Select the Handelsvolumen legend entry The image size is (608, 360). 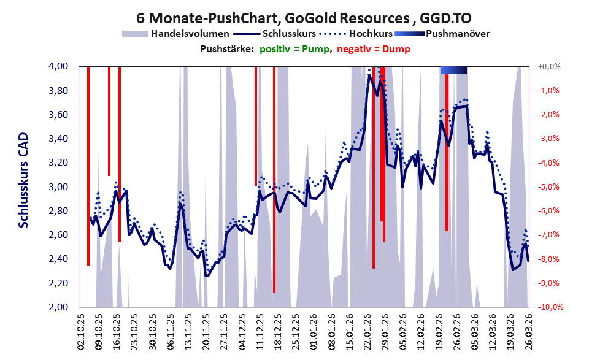pos(176,34)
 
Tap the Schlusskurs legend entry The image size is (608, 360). pos(280,34)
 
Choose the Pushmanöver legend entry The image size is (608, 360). pos(456,34)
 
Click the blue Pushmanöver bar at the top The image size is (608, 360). pos(454,70)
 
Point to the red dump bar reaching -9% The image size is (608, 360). pos(274,184)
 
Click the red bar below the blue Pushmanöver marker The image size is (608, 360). pos(447,153)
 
